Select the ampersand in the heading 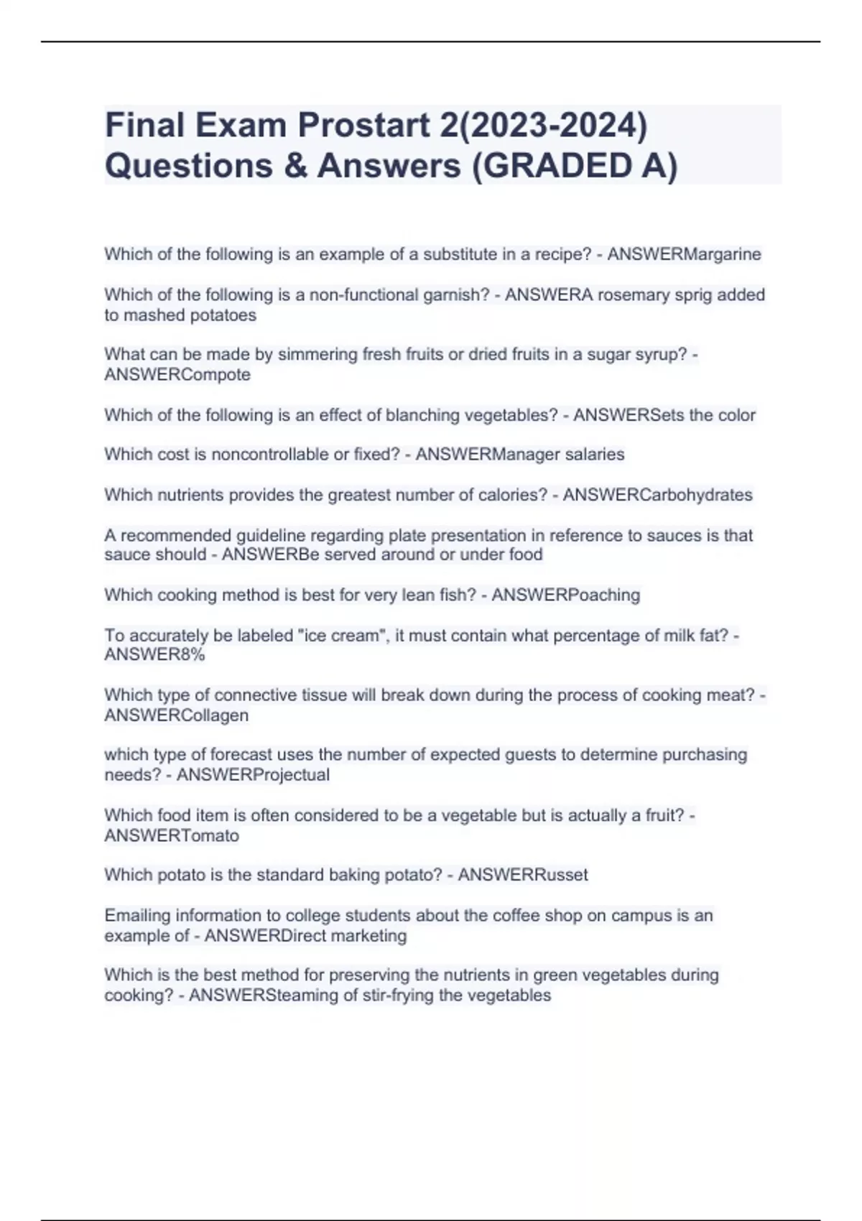[x=295, y=166]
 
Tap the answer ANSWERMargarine [x=684, y=254]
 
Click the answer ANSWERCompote [x=177, y=375]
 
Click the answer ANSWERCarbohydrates [x=657, y=495]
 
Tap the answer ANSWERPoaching [x=565, y=595]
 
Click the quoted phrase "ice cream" [x=342, y=636]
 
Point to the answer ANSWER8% [x=154, y=655]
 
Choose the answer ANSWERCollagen [x=177, y=716]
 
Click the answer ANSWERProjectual [x=253, y=775]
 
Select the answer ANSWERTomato [x=172, y=836]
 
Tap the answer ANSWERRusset [x=523, y=875]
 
